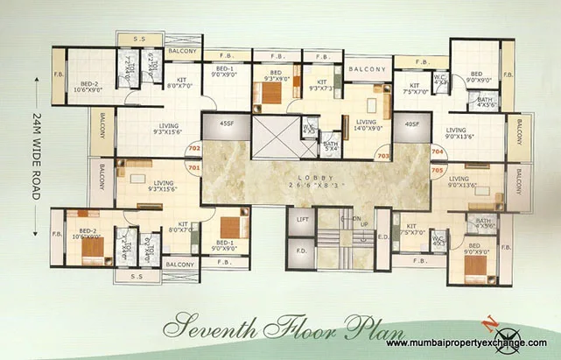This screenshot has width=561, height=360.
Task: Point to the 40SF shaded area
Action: click(411, 124)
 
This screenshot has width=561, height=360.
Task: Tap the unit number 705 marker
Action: click(438, 170)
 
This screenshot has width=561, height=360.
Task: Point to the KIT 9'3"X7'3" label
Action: click(319, 84)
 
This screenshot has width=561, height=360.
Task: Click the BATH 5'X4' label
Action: click(330, 145)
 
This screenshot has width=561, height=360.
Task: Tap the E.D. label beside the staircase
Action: click(382, 236)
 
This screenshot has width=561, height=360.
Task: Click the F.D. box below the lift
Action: click(301, 251)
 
